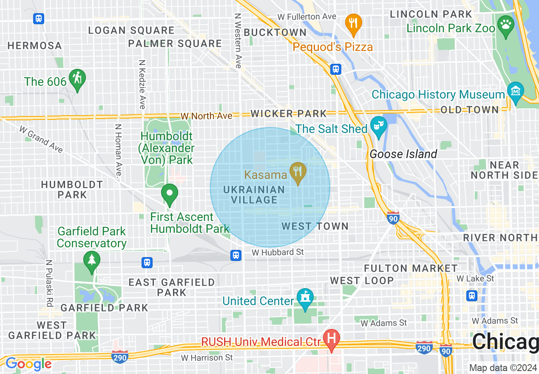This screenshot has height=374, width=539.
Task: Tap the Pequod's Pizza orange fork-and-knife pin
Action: pyautogui.click(x=353, y=23)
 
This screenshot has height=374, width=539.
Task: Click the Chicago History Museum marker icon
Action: pyautogui.click(x=516, y=91)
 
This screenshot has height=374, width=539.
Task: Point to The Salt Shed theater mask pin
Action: pyautogui.click(x=378, y=126)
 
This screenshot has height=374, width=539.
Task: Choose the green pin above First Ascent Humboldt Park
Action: pyautogui.click(x=170, y=194)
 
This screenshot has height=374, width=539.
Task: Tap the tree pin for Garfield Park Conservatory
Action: pyautogui.click(x=91, y=260)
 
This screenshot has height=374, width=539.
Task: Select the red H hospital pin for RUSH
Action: pyautogui.click(x=332, y=339)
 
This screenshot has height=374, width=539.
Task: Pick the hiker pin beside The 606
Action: pyautogui.click(x=77, y=79)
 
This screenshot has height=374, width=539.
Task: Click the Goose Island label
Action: pyautogui.click(x=403, y=154)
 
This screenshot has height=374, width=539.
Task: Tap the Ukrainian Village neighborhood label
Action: pyautogui.click(x=254, y=195)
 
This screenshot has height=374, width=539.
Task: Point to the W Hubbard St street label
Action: pyautogui.click(x=278, y=252)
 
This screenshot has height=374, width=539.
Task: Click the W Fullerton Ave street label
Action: pyautogui.click(x=306, y=17)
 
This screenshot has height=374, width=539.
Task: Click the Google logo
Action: pyautogui.click(x=28, y=364)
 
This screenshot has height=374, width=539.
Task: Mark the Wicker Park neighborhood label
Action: pyautogui.click(x=289, y=113)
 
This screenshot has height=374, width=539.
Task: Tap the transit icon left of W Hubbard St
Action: pyautogui.click(x=236, y=255)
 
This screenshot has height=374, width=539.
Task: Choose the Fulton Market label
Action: pyautogui.click(x=411, y=268)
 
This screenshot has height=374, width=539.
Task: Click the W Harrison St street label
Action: pyautogui.click(x=207, y=357)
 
